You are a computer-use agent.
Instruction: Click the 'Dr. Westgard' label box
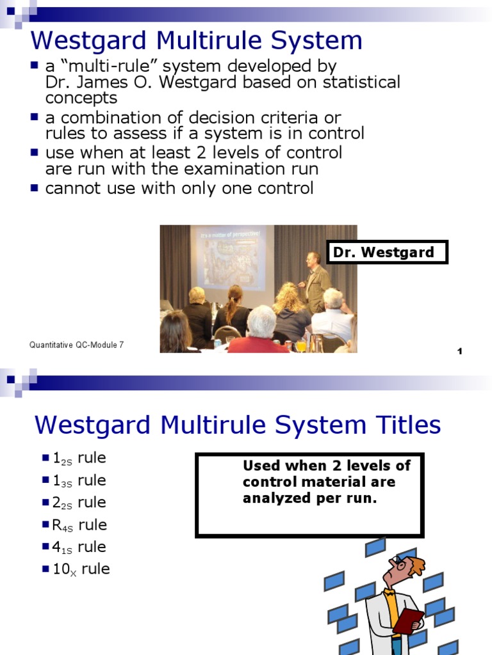387,252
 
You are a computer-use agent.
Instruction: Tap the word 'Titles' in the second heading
400,425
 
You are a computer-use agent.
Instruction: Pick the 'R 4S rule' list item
79,525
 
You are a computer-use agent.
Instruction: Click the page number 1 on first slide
460,351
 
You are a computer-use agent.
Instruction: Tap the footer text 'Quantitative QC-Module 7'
76,345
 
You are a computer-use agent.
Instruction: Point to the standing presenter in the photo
315,281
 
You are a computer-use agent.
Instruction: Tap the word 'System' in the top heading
315,41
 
